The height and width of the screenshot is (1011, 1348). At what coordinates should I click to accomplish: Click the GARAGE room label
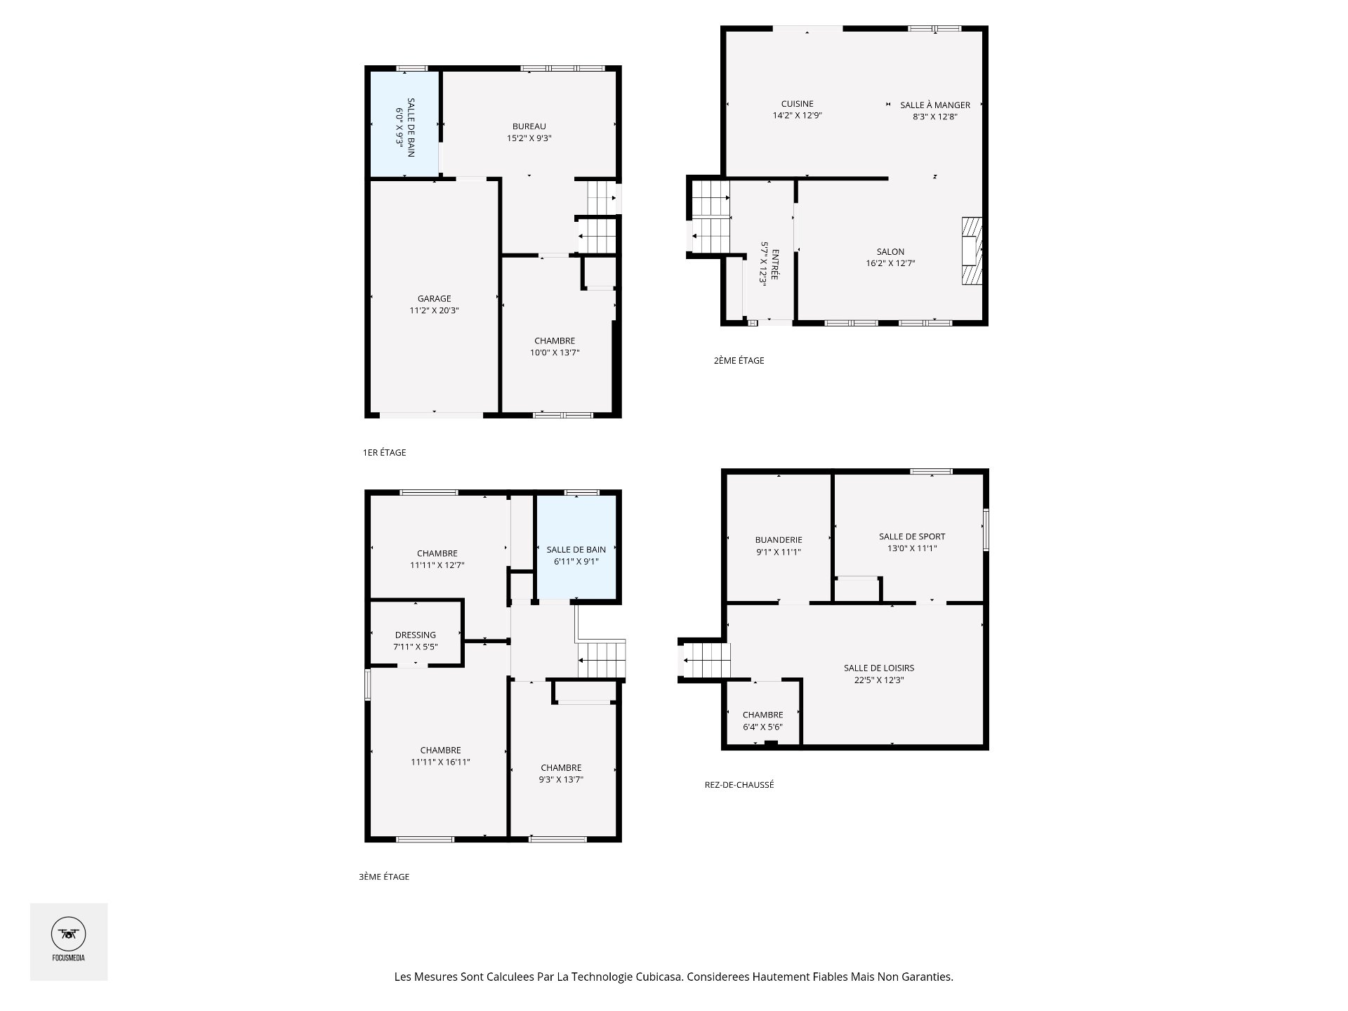(434, 298)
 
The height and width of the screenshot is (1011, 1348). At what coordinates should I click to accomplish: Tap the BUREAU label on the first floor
(529, 126)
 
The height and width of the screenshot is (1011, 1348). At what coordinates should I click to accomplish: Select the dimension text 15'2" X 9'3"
(529, 138)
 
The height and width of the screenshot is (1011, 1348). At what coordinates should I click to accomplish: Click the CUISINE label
(797, 104)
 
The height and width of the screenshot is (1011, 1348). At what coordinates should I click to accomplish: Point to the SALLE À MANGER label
(935, 105)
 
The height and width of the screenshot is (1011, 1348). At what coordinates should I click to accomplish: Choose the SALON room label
(890, 251)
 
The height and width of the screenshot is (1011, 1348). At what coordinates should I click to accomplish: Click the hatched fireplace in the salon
(972, 251)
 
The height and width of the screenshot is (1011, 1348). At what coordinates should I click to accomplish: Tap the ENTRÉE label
(774, 264)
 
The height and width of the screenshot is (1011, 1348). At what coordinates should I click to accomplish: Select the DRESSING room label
(416, 635)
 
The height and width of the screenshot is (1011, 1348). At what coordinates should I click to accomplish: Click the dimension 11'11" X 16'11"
(440, 762)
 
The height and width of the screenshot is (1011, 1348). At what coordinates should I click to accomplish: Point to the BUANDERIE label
(779, 540)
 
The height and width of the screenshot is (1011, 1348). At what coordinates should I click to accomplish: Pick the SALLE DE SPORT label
(912, 536)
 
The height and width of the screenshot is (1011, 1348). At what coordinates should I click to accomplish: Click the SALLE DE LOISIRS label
(879, 668)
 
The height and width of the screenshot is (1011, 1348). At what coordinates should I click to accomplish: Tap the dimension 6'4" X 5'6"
(762, 727)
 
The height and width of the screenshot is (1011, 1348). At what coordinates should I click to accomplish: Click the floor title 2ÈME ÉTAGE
(739, 360)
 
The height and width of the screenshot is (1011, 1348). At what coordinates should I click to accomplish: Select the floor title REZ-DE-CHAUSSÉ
(739, 785)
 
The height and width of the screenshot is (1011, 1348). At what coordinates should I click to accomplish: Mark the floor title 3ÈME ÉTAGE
(384, 876)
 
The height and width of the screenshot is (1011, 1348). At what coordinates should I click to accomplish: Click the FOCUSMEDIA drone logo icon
(69, 934)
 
